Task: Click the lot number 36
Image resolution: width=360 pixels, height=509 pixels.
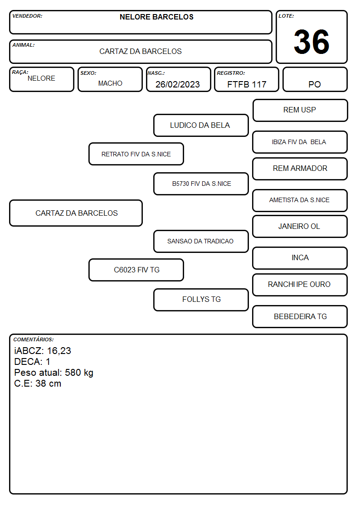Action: point(311,42)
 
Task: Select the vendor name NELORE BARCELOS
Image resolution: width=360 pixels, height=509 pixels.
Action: point(156,17)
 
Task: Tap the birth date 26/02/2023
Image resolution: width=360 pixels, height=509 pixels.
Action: point(178,84)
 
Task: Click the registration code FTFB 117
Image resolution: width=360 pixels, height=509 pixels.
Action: point(247,84)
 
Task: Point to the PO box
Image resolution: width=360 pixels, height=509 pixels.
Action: point(315,79)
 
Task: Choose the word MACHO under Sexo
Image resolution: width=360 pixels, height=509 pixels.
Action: point(110,83)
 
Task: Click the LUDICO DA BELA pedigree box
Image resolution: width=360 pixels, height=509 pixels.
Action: point(201,125)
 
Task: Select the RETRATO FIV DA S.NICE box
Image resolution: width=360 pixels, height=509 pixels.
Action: point(136,154)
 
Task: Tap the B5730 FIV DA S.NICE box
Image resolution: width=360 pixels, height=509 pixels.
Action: point(201,184)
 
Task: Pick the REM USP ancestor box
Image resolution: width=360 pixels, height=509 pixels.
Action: point(300,111)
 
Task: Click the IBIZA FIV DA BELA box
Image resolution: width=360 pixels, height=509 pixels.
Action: point(300,142)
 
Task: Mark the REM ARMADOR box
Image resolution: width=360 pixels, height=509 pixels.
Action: point(300,169)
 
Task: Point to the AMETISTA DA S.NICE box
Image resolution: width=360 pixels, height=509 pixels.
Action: point(300,200)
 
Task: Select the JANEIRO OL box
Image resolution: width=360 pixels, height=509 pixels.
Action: point(300,226)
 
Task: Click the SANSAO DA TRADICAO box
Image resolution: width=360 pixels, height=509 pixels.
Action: point(201,241)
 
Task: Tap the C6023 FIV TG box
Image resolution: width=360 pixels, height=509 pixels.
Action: point(136,270)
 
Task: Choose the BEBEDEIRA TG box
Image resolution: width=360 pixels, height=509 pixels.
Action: point(300,316)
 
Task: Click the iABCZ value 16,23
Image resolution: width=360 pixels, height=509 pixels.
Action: point(59,351)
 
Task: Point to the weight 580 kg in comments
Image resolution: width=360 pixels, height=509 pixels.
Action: point(79,373)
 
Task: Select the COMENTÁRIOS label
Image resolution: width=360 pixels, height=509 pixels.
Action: point(34,339)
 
